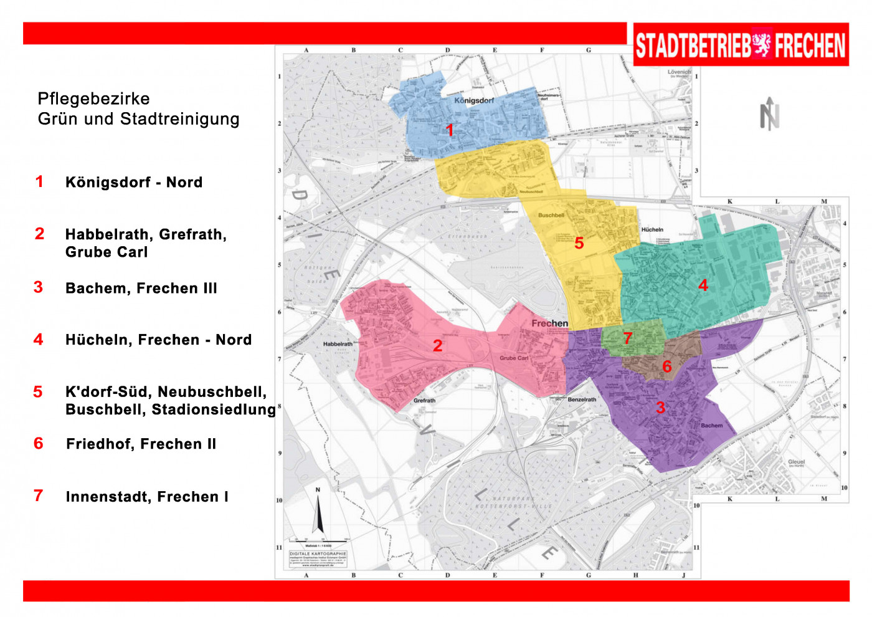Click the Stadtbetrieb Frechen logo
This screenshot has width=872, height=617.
point(741,45)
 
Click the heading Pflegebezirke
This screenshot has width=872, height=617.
point(93,98)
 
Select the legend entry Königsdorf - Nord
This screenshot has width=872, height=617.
point(133,182)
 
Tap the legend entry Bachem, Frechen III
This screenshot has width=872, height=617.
point(141,288)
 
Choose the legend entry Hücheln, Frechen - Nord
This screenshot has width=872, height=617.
point(158,340)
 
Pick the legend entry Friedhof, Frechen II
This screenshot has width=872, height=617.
point(141,444)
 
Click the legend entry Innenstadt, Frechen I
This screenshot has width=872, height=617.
point(147,497)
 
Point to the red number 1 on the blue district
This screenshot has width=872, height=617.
point(450,130)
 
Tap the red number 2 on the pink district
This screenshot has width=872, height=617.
point(438,345)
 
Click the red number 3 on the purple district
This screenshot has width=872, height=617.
point(660,408)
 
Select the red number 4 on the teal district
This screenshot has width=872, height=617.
point(703,285)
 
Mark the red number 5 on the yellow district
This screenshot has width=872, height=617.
point(579,243)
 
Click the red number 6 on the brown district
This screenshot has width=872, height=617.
point(667,366)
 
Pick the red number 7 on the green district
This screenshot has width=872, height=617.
point(628,338)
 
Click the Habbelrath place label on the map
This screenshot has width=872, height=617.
point(338,344)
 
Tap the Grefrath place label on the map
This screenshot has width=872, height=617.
point(424,401)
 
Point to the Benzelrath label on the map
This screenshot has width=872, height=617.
point(582,399)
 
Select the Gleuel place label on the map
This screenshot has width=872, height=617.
point(796,462)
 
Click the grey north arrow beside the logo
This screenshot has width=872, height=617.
point(770,114)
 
